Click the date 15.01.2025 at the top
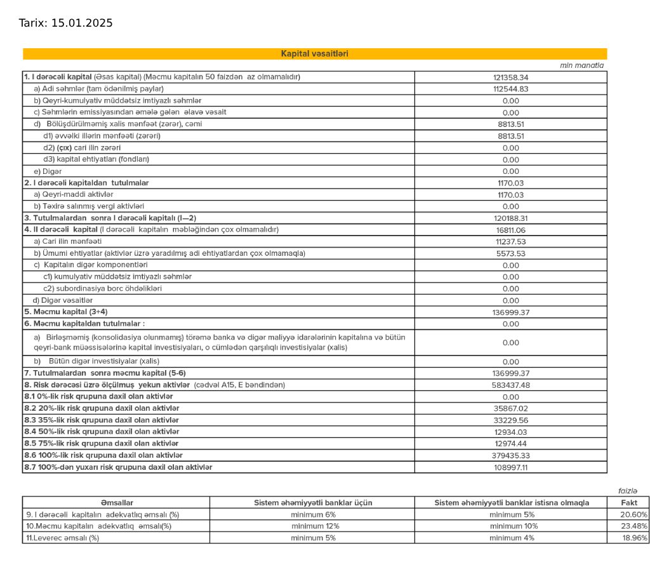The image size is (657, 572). (81, 23)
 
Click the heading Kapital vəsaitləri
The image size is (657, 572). (314, 54)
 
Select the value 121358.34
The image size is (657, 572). (510, 77)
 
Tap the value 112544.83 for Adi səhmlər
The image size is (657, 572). (510, 89)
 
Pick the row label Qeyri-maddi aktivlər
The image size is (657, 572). (74, 194)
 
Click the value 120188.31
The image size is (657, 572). (510, 218)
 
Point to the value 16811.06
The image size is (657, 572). (510, 230)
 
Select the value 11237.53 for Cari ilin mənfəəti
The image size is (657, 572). (510, 242)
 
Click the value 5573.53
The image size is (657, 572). (510, 253)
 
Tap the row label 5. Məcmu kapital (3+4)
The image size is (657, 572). (66, 312)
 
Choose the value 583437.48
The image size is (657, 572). (510, 385)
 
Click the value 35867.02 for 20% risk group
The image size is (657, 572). (510, 409)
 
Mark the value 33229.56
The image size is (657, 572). (510, 420)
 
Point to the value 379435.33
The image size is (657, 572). (510, 456)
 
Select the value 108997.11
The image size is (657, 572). (510, 467)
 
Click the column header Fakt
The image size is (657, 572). (629, 503)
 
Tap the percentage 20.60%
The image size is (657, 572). (634, 515)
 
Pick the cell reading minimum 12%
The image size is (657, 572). (313, 526)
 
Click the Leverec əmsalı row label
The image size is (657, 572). (62, 538)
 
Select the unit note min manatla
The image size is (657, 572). (581, 65)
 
